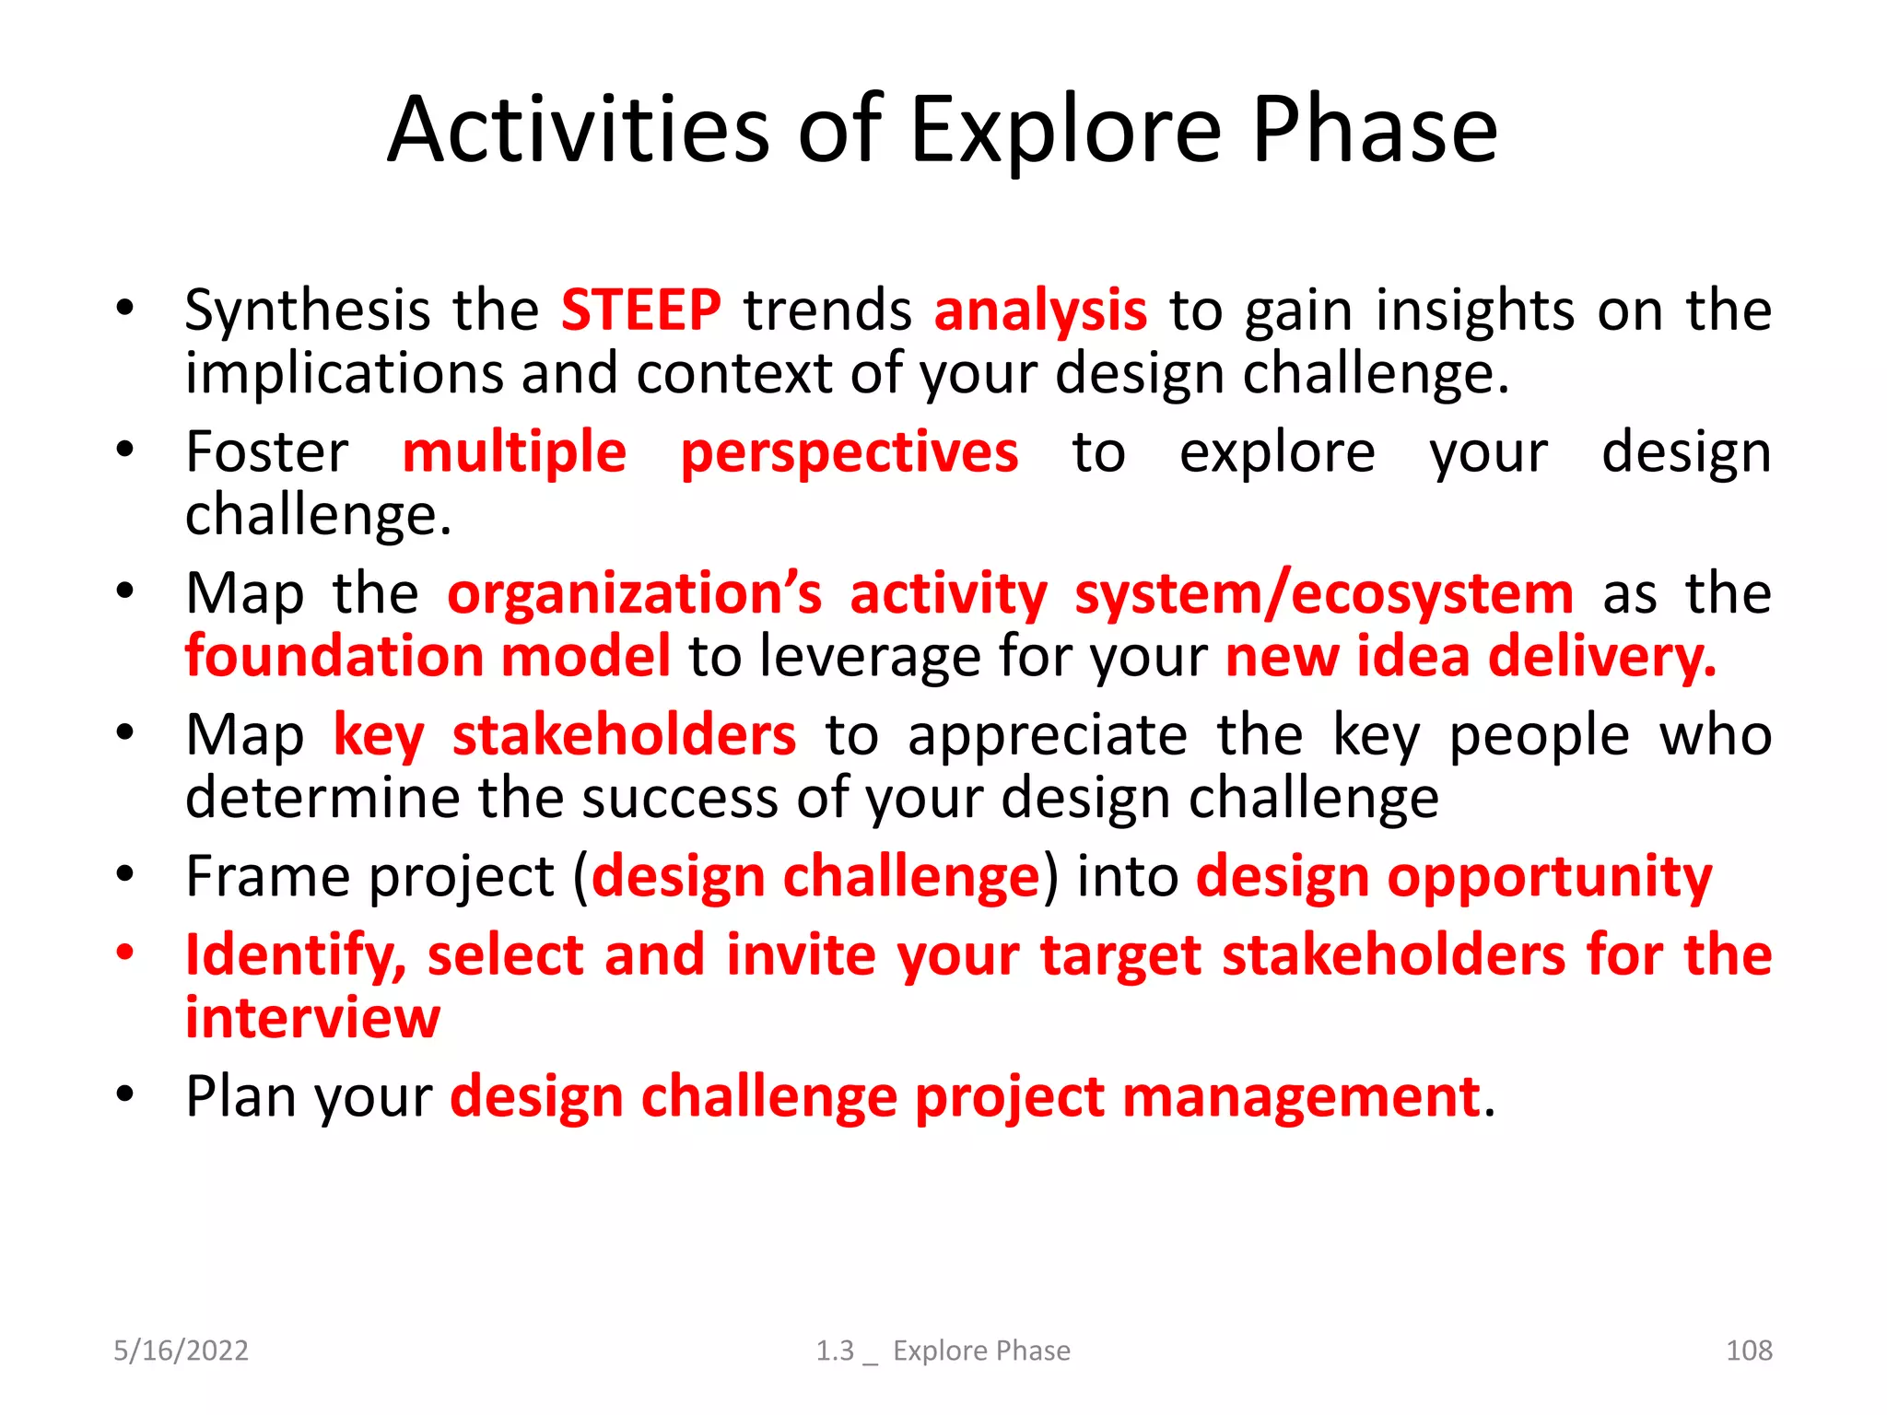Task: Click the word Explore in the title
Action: pyautogui.click(x=1064, y=132)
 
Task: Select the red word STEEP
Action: pyautogui.click(x=640, y=310)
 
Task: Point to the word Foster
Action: pyautogui.click(x=267, y=453)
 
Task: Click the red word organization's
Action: pyautogui.click(x=634, y=594)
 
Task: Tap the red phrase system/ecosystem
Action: pyautogui.click(x=1324, y=594)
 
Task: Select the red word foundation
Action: pyautogui.click(x=334, y=657)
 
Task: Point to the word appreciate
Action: pyautogui.click(x=1048, y=736)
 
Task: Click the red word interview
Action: pyautogui.click(x=312, y=1019)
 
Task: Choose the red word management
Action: pyautogui.click(x=1300, y=1098)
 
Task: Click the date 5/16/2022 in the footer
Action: pyautogui.click(x=181, y=1351)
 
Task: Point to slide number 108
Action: pyautogui.click(x=1748, y=1351)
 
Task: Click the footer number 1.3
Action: pyautogui.click(x=835, y=1351)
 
